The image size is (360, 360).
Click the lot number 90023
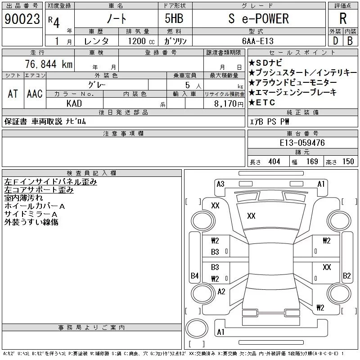[22, 19]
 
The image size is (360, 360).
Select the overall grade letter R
[342, 18]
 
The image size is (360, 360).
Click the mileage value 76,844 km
[50, 64]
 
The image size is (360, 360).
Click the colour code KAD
[74, 103]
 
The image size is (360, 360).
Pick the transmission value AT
[13, 94]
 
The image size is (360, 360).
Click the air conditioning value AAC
[35, 94]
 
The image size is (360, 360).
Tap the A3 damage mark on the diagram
[220, 184]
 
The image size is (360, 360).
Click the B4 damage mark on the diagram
[194, 275]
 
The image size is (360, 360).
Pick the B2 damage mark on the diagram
[346, 275]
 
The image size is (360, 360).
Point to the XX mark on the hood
[251, 216]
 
